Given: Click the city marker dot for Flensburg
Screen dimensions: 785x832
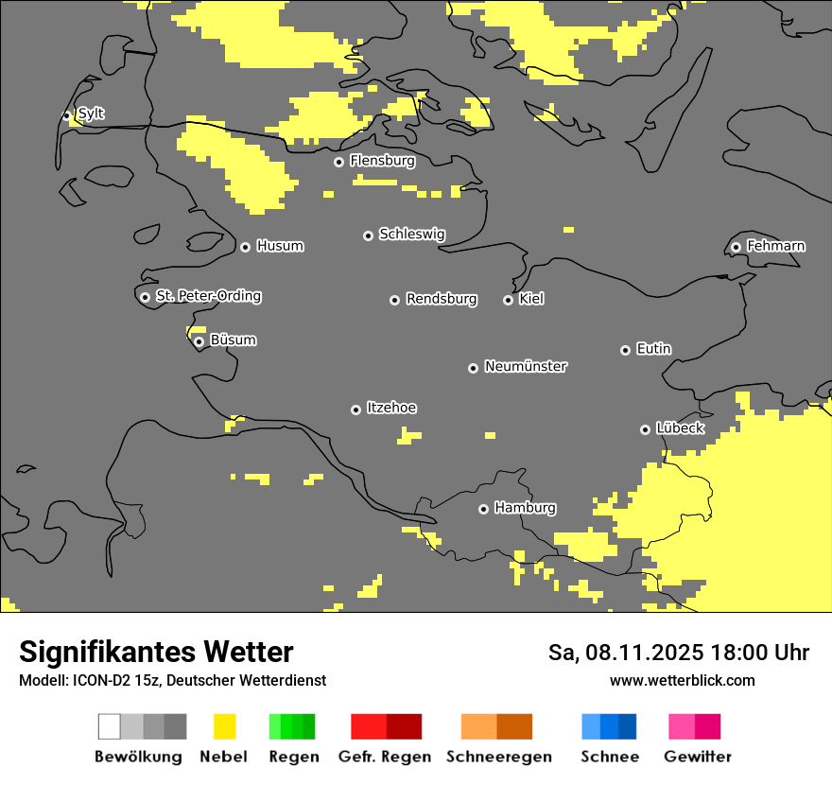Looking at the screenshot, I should pos(338,162).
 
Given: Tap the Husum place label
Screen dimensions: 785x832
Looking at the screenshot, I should pos(280,246).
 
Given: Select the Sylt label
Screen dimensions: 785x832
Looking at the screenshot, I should pos(91,113).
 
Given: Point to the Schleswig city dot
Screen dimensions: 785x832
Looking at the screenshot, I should pos(368,235).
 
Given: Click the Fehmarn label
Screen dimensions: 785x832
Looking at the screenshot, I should pos(775,246).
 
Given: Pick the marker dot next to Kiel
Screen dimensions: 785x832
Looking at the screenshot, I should pos(508,300).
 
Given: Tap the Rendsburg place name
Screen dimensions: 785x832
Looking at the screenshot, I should pos(442,299).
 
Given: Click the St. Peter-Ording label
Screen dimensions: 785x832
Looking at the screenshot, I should pos(208,296).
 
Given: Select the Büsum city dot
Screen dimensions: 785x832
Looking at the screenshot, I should pos(199,341).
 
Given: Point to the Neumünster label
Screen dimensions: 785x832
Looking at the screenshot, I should pos(526,366).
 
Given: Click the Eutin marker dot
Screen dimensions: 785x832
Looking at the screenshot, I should pos(625,350).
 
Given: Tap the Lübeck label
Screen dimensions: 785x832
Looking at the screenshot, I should pos(680,428).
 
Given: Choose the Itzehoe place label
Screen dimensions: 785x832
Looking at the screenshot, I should pos(391,408).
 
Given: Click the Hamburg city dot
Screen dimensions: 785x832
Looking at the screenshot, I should pos(483,509).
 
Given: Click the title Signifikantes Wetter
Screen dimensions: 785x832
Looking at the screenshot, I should pos(156,652).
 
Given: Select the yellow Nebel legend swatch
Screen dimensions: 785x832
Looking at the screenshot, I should pos(224,726).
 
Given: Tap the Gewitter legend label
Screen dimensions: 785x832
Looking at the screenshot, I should pos(698,757).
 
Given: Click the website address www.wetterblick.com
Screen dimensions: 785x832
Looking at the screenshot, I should pos(682,680).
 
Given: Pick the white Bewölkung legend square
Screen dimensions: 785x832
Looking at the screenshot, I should pos(110,726).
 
